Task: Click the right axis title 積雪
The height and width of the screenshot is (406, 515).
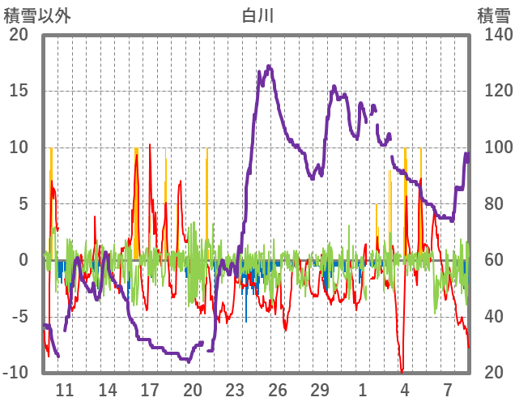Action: pos(493,15)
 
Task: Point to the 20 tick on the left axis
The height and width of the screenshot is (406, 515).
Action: pos(18,35)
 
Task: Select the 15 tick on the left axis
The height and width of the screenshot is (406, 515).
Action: pos(18,91)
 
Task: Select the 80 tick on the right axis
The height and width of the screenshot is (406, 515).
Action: pos(495,204)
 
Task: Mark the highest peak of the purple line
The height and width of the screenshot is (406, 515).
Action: pos(270,67)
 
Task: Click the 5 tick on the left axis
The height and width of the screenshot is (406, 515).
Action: pos(22,204)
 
